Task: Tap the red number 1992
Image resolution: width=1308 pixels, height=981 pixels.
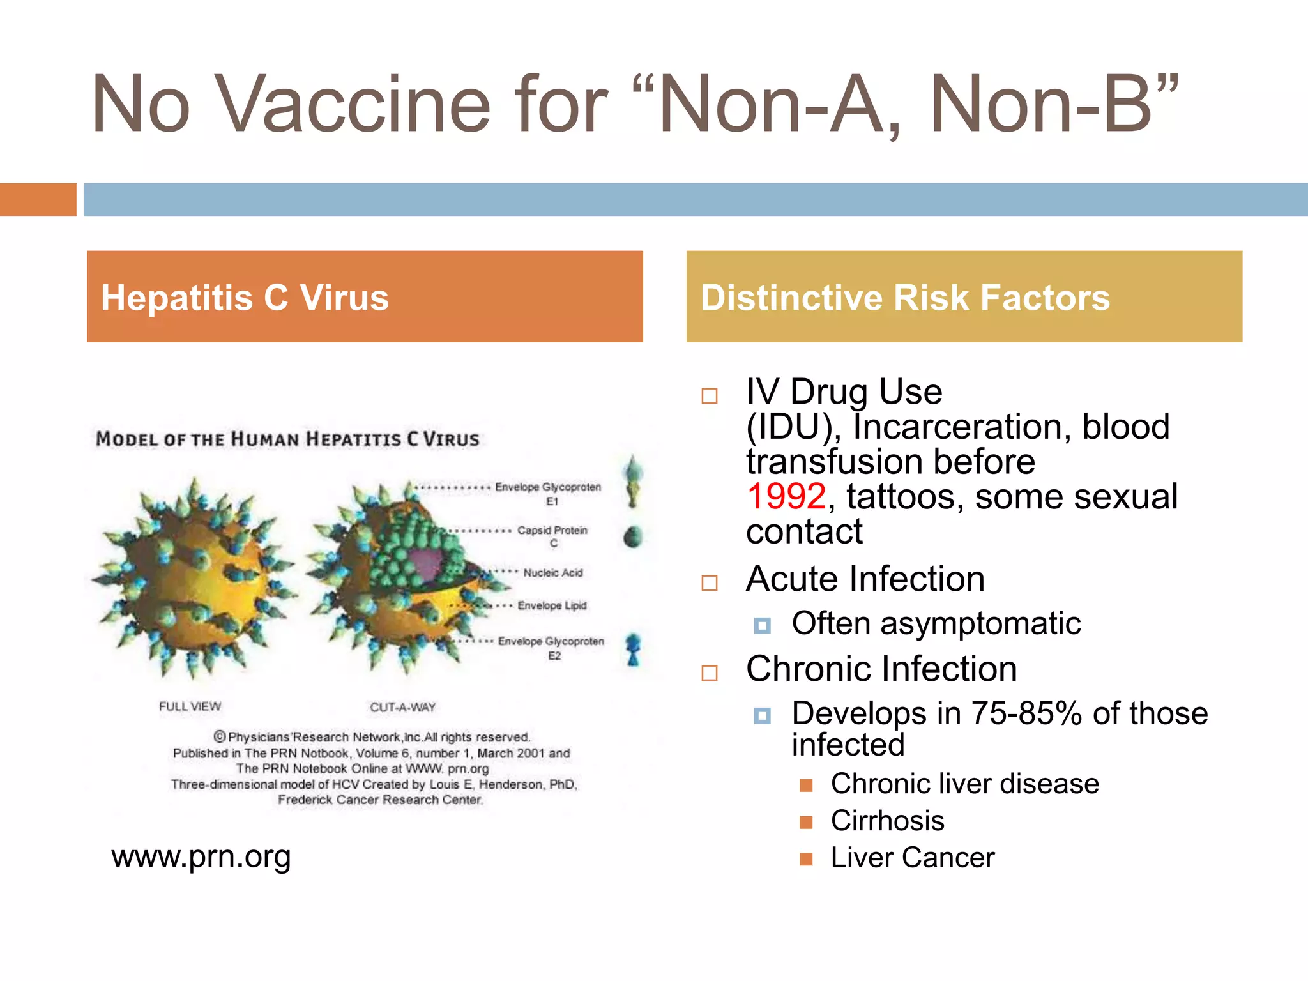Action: [786, 496]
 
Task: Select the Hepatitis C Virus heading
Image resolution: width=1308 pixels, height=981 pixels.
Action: [245, 298]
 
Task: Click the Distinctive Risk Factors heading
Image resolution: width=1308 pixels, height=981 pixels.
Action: [905, 298]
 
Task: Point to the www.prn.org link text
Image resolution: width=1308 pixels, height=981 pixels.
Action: [201, 856]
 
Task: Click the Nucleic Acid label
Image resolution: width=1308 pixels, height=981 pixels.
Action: [552, 573]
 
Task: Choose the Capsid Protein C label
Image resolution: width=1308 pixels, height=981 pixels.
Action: [552, 536]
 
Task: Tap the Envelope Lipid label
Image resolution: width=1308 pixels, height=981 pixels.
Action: [552, 605]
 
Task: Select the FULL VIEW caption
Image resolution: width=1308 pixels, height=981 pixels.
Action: [190, 706]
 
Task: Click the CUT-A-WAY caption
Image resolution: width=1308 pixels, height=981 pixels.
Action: [402, 707]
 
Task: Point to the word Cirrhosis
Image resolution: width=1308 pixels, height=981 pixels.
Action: [887, 821]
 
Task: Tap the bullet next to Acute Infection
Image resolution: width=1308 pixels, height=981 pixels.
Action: [710, 582]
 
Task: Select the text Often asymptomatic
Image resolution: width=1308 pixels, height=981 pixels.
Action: [936, 623]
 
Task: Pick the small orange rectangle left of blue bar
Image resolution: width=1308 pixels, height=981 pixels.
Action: [38, 199]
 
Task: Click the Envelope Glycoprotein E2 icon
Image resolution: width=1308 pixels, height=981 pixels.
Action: [633, 649]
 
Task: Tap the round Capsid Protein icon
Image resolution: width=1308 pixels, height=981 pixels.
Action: [632, 536]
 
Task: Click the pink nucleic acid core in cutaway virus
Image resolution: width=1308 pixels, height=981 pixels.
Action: [427, 562]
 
